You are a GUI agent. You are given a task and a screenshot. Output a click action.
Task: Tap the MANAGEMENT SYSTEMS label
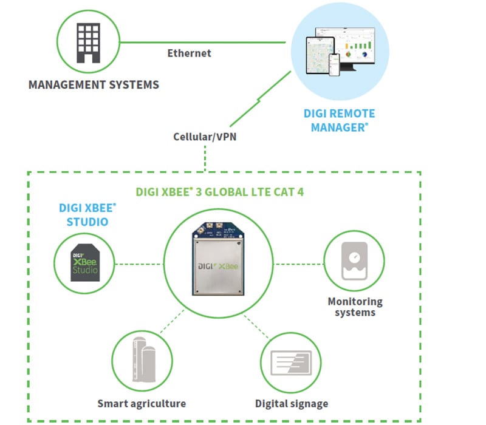point(94,84)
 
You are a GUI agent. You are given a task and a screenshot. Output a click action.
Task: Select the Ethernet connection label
point(189,53)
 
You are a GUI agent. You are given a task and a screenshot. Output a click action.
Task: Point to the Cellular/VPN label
point(205,136)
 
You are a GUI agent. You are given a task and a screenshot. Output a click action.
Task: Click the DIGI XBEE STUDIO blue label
point(87,214)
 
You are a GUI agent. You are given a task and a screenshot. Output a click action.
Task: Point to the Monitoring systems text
point(355,307)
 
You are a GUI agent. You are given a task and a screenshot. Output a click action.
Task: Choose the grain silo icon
point(142,362)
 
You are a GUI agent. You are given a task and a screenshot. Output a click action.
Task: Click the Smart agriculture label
point(142,404)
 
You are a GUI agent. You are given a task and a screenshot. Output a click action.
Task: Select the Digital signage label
point(291,404)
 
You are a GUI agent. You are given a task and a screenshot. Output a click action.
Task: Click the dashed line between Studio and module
point(139,264)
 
